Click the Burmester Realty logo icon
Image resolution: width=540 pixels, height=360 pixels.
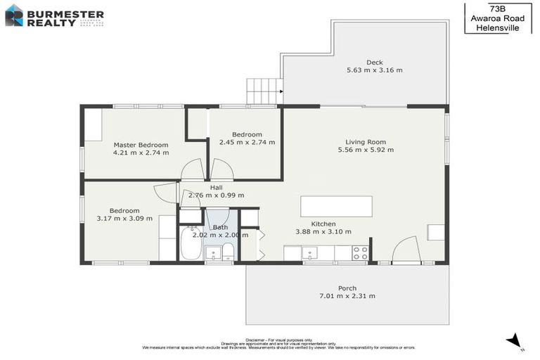14,15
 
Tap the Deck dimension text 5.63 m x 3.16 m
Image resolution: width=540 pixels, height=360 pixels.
374,70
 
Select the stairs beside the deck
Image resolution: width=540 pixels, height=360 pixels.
264,91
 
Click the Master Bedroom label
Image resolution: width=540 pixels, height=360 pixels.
141,144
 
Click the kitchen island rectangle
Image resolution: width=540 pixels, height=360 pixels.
336,207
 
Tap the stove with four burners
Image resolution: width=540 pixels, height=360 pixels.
360,253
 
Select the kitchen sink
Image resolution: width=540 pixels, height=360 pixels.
310,252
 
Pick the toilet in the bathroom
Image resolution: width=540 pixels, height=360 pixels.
228,252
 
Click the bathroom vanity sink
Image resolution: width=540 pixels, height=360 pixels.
213,252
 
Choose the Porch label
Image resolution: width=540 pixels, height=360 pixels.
347,288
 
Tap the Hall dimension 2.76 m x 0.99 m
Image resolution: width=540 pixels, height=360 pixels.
217,195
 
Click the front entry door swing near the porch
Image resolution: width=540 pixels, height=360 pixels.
406,250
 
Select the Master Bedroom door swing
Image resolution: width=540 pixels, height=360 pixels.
192,169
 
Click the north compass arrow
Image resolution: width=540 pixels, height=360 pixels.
515,341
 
